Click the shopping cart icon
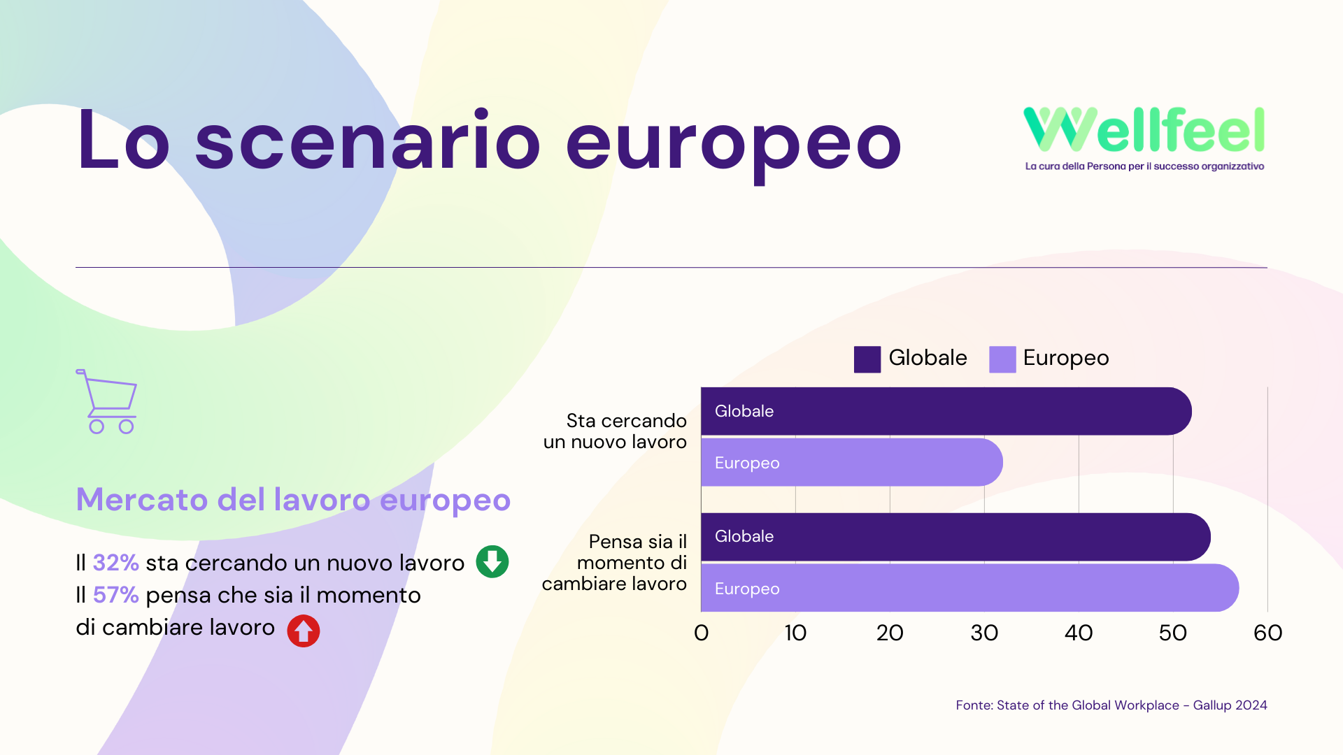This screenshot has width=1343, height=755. point(106,401)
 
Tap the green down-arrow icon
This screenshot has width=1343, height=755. point(492,561)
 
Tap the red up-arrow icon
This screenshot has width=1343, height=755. point(304,631)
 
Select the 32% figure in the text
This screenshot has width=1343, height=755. point(116,562)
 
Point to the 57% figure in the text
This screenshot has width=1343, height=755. point(116,594)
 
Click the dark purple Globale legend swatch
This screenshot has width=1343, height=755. point(867,359)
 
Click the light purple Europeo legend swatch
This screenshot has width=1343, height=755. point(1002,359)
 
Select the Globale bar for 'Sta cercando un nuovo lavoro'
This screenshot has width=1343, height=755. point(946,411)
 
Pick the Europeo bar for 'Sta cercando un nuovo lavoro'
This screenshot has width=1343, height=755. point(852,462)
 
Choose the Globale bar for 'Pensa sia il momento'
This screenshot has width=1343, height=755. point(956,537)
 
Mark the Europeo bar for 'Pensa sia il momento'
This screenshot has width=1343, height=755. point(970,588)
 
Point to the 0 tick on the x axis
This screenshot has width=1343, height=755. point(702,633)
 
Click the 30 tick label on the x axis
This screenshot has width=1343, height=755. point(984,633)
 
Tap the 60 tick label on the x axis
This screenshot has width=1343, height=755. point(1267,633)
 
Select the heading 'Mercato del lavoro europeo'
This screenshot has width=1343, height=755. point(293,501)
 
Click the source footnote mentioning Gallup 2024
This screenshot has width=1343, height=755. point(1111,705)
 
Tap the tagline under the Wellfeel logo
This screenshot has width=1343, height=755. point(1144,166)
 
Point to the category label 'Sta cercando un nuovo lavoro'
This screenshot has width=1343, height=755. point(616,431)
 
